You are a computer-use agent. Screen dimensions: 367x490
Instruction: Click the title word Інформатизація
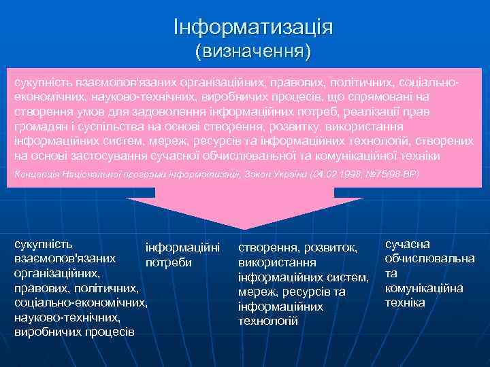tap(252, 28)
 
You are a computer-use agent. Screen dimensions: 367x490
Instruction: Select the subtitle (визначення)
tap(252, 51)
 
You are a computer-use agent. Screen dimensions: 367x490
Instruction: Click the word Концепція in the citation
tap(34, 175)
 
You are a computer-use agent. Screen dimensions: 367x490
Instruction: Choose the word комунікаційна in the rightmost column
tap(424, 288)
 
